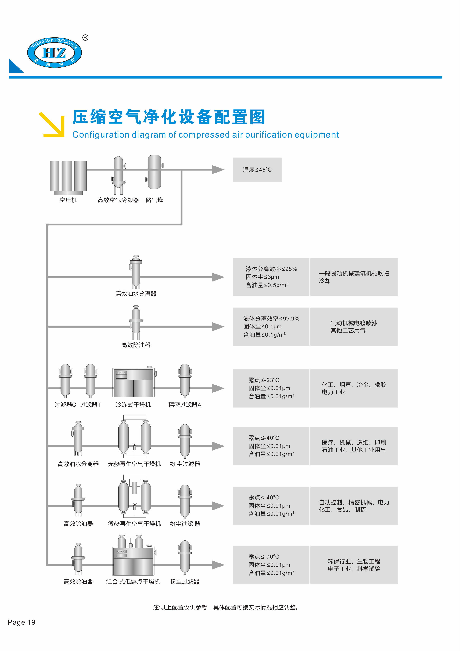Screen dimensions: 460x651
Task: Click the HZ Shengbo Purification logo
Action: tap(54, 53)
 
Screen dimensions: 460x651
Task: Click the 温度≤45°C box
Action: tap(257, 170)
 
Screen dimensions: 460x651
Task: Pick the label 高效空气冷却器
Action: tap(118, 200)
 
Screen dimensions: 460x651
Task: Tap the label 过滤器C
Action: tap(65, 405)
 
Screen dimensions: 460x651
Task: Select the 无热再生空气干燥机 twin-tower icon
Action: tap(135, 437)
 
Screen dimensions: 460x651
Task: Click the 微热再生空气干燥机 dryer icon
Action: tap(135, 496)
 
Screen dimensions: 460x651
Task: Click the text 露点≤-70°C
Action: tap(264, 557)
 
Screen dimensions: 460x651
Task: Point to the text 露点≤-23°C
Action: tap(264, 380)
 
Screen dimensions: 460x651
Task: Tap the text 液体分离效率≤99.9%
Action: tap(271, 319)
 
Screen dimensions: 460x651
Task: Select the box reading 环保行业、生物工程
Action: tap(354, 565)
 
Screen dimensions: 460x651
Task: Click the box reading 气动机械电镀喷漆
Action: tap(354, 327)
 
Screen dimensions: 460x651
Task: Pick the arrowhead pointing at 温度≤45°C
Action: tap(218, 170)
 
